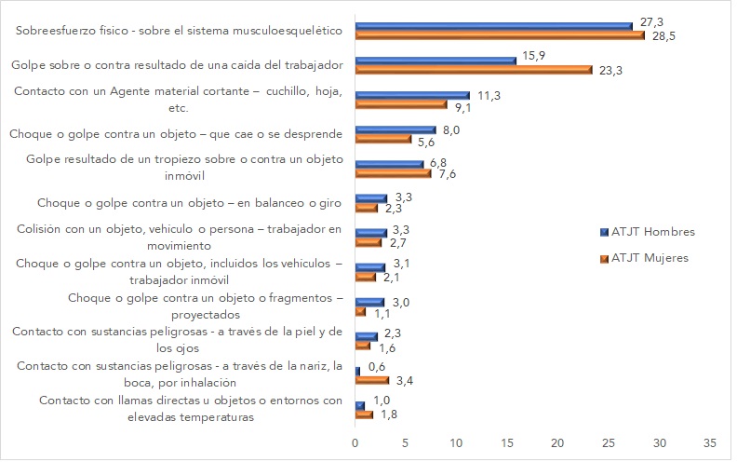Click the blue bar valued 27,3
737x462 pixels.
click(x=493, y=25)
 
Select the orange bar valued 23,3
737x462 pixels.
click(x=473, y=70)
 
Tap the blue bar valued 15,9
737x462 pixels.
click(x=435, y=60)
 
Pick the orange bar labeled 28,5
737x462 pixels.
click(x=500, y=36)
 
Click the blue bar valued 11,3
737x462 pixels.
click(x=412, y=94)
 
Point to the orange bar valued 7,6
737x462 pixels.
click(x=394, y=173)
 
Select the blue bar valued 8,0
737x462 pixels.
click(x=395, y=129)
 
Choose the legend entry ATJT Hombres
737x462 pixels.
click(x=652, y=231)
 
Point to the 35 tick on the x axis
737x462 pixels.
click(x=710, y=443)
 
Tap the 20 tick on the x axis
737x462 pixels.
click(x=558, y=443)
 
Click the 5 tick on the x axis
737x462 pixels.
click(x=406, y=443)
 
